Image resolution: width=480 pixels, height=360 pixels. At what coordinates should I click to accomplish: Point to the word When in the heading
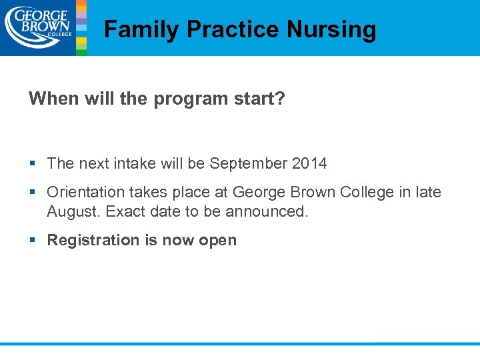pos(49,99)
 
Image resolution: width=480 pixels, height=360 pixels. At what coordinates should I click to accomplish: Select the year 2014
pos(311,163)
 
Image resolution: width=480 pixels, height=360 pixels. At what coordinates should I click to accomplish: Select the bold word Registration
pos(93,241)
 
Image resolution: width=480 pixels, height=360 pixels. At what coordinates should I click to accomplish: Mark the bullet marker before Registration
pos(33,240)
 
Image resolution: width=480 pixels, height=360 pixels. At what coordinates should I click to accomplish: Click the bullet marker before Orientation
pos(33,192)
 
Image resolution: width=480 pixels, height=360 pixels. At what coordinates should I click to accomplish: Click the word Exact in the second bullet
pos(124,211)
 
